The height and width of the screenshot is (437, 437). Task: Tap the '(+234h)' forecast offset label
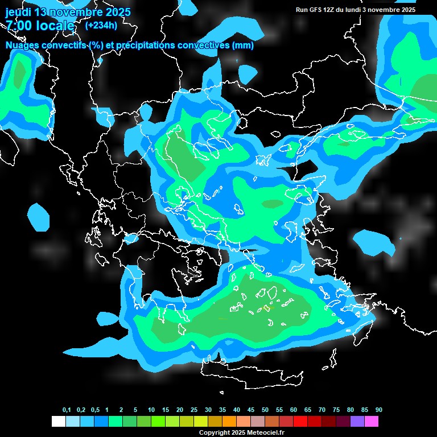coord(101,25)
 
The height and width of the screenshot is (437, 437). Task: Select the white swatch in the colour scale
coord(58,422)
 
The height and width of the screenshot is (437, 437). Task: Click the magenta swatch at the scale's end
coord(372,422)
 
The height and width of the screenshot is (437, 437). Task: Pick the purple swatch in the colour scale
coord(357,422)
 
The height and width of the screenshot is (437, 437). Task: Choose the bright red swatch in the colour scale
coord(300,422)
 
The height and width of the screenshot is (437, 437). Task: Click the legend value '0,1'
coord(67,410)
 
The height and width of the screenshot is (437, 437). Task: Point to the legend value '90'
coord(379,410)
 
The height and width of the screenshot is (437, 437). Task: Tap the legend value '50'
coord(265,410)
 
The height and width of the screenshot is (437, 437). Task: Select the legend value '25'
coord(194,410)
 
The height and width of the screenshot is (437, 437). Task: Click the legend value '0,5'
coord(95,410)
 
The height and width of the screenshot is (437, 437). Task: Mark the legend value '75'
coord(336,410)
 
